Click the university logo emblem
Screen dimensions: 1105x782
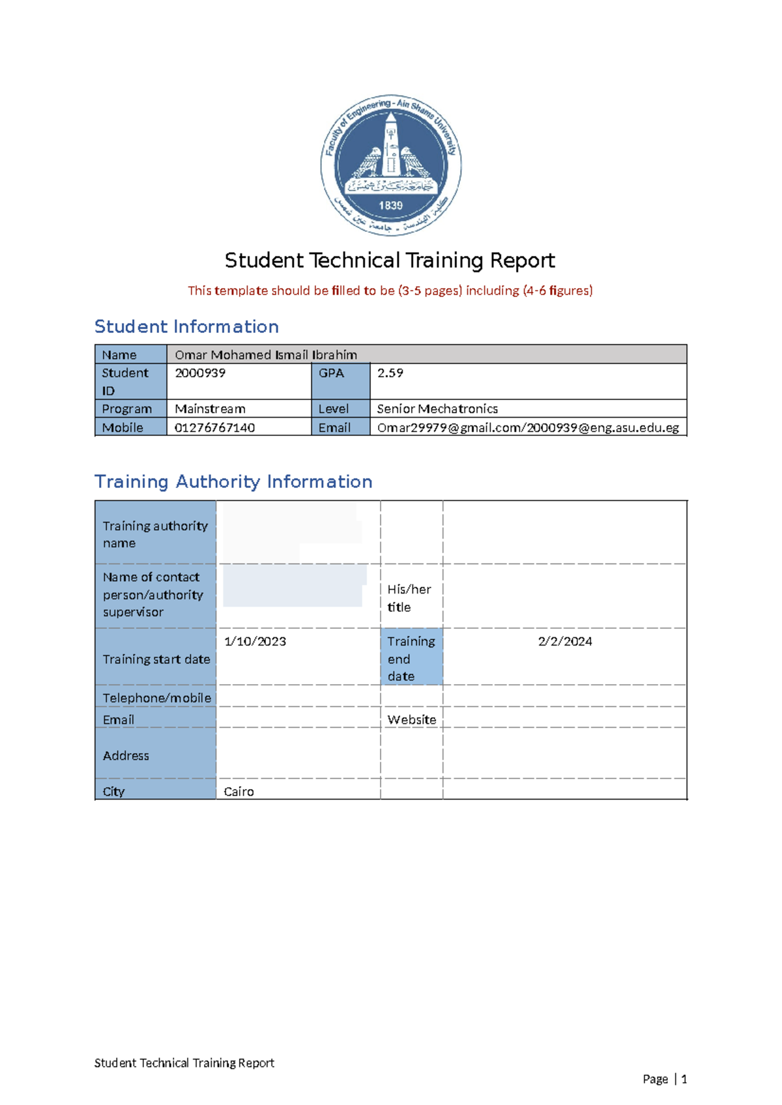[x=391, y=164]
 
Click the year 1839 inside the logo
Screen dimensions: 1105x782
[x=391, y=205]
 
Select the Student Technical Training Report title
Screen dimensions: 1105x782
[x=390, y=261]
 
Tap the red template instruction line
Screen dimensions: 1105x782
[x=390, y=291]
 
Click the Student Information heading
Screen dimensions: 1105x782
[x=186, y=326]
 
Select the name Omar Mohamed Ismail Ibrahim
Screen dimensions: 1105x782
[x=266, y=354]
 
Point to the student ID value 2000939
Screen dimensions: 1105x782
[x=200, y=373]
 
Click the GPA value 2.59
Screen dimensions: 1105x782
[x=390, y=373]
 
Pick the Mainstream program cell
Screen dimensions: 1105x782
[x=210, y=409]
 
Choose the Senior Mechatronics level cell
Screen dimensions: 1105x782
[x=437, y=409]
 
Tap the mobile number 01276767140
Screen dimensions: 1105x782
[x=214, y=428]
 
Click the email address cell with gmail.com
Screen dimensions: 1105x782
[x=528, y=428]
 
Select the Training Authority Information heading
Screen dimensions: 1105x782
[x=233, y=481]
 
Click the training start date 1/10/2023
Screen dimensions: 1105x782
[x=255, y=642]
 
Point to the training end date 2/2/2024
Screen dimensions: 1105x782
[x=565, y=642]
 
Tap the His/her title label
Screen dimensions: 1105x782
[x=409, y=598]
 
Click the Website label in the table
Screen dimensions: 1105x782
[x=412, y=720]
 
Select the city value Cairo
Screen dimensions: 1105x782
[x=239, y=792]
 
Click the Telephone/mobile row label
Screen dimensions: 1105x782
[x=156, y=698]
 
